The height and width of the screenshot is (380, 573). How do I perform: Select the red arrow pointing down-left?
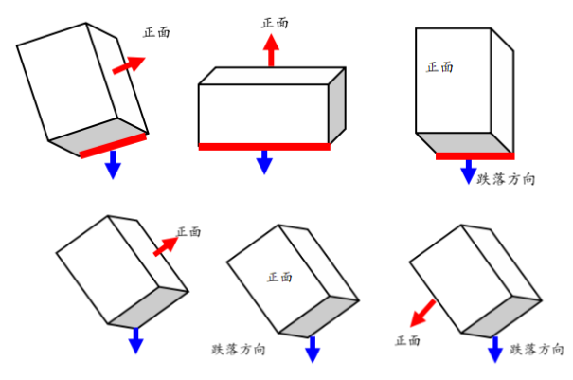pyautogui.click(x=423, y=312)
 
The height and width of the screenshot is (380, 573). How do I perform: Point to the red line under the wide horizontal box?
pyautogui.click(x=264, y=147)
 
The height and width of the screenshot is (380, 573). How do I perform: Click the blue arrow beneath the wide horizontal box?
pyautogui.click(x=264, y=162)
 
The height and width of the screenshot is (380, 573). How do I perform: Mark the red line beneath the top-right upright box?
pyautogui.click(x=475, y=155)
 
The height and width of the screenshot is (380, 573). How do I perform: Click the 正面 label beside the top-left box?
pyautogui.click(x=156, y=32)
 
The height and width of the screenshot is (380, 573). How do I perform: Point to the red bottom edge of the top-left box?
pyautogui.click(x=113, y=145)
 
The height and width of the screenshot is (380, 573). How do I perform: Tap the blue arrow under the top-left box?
pyautogui.click(x=113, y=165)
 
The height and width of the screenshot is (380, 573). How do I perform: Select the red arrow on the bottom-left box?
pyautogui.click(x=166, y=244)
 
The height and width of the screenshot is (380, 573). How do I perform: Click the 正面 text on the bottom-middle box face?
pyautogui.click(x=279, y=278)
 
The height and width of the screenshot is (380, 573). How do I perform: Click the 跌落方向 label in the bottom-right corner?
pyautogui.click(x=537, y=350)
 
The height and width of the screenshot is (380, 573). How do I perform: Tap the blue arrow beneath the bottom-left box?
pyautogui.click(x=135, y=340)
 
